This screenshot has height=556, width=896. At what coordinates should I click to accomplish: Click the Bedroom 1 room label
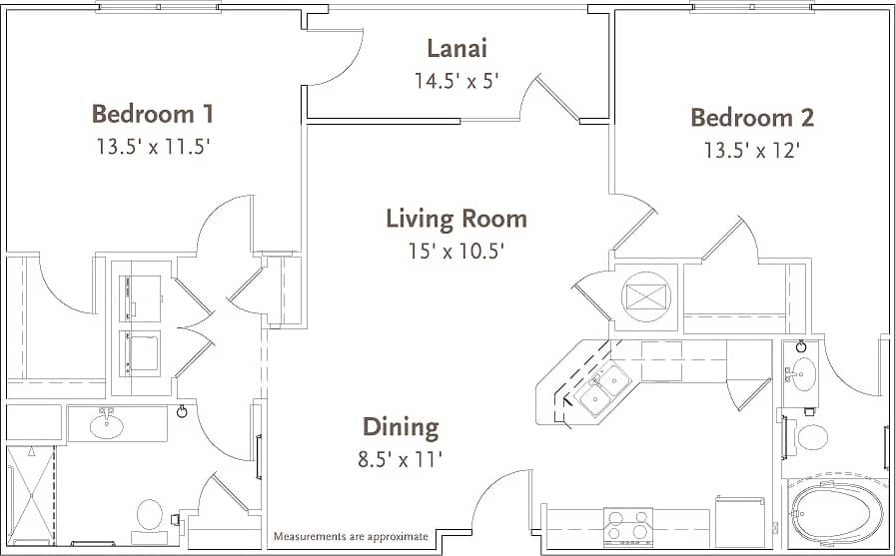click(x=152, y=113)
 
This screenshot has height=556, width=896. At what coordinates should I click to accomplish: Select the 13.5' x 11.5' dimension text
click(x=152, y=147)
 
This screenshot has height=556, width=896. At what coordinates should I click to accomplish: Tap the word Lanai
click(x=456, y=48)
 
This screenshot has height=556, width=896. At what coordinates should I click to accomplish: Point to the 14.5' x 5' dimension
click(x=456, y=81)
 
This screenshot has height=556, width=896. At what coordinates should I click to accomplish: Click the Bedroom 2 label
click(x=751, y=118)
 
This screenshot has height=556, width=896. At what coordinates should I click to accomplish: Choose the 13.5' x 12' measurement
click(x=751, y=151)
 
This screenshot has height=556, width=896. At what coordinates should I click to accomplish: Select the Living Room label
click(x=456, y=218)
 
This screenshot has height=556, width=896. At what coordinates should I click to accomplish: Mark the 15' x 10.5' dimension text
click(x=456, y=251)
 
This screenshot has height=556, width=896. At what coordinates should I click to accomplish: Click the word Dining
click(x=401, y=427)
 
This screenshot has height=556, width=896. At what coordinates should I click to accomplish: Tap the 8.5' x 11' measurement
click(x=401, y=459)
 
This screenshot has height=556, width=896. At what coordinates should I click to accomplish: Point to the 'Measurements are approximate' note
click(x=351, y=537)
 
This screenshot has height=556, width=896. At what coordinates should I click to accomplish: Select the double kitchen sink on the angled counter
click(x=606, y=389)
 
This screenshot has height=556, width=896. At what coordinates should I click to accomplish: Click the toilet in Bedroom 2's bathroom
click(x=812, y=436)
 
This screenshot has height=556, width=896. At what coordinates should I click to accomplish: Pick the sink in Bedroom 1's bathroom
click(x=107, y=426)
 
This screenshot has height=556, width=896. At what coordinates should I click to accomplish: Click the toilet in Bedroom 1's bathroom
click(x=149, y=515)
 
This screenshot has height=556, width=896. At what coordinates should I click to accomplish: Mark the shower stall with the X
click(x=30, y=494)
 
